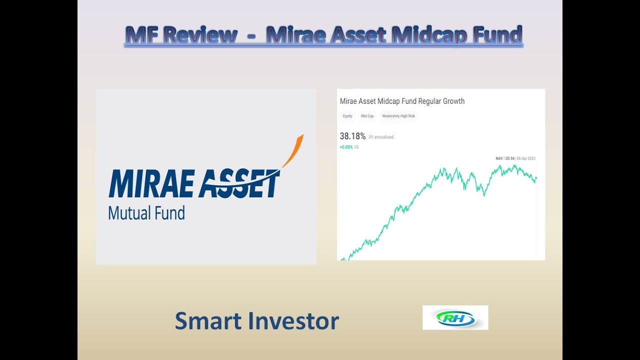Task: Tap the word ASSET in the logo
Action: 239,184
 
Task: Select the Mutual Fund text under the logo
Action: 146,213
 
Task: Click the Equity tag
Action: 347,116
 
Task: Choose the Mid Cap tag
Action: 367,116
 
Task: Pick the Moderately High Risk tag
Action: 398,116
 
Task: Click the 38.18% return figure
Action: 352,136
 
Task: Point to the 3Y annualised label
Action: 381,137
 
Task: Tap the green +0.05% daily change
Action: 346,147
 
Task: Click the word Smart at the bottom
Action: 206,321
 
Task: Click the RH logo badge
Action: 455,317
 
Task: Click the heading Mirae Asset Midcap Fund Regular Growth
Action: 402,101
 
